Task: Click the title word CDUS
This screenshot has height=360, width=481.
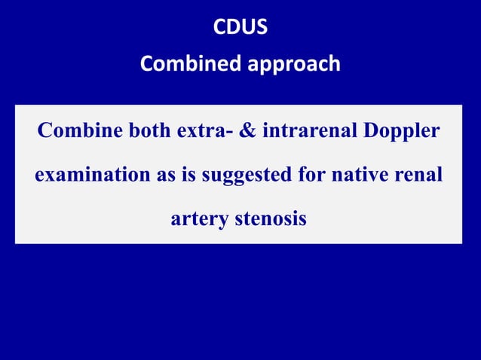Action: (240, 28)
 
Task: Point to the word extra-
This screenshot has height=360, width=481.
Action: (204, 131)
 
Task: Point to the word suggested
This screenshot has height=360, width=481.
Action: (250, 176)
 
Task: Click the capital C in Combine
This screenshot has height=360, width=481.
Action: (45, 131)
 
